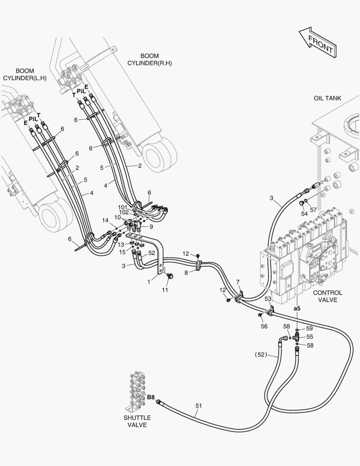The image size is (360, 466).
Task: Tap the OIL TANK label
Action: tap(327, 98)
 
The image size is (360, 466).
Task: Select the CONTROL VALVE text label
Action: tap(328, 296)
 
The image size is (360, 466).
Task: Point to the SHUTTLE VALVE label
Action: tap(137, 421)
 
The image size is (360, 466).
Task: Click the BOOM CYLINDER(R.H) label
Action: tap(150, 60)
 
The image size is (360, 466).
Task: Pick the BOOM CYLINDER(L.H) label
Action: tap(25, 75)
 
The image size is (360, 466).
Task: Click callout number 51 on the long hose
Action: tap(199, 405)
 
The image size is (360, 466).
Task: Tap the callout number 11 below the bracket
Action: tap(165, 290)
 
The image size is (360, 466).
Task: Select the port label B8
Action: tap(151, 397)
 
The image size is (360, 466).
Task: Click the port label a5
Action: tap(297, 309)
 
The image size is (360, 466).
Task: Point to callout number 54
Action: tap(304, 214)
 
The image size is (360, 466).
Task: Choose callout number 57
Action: tap(313, 210)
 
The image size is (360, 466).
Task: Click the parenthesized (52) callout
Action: tap(261, 355)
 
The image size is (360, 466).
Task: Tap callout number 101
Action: tap(123, 207)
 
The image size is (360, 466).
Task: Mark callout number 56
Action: tap(264, 326)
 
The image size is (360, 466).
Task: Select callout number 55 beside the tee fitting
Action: tap(310, 337)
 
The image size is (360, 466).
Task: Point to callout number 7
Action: tap(238, 282)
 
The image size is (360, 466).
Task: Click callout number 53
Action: tap(268, 299)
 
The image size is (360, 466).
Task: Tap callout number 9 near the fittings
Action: tap(151, 227)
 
